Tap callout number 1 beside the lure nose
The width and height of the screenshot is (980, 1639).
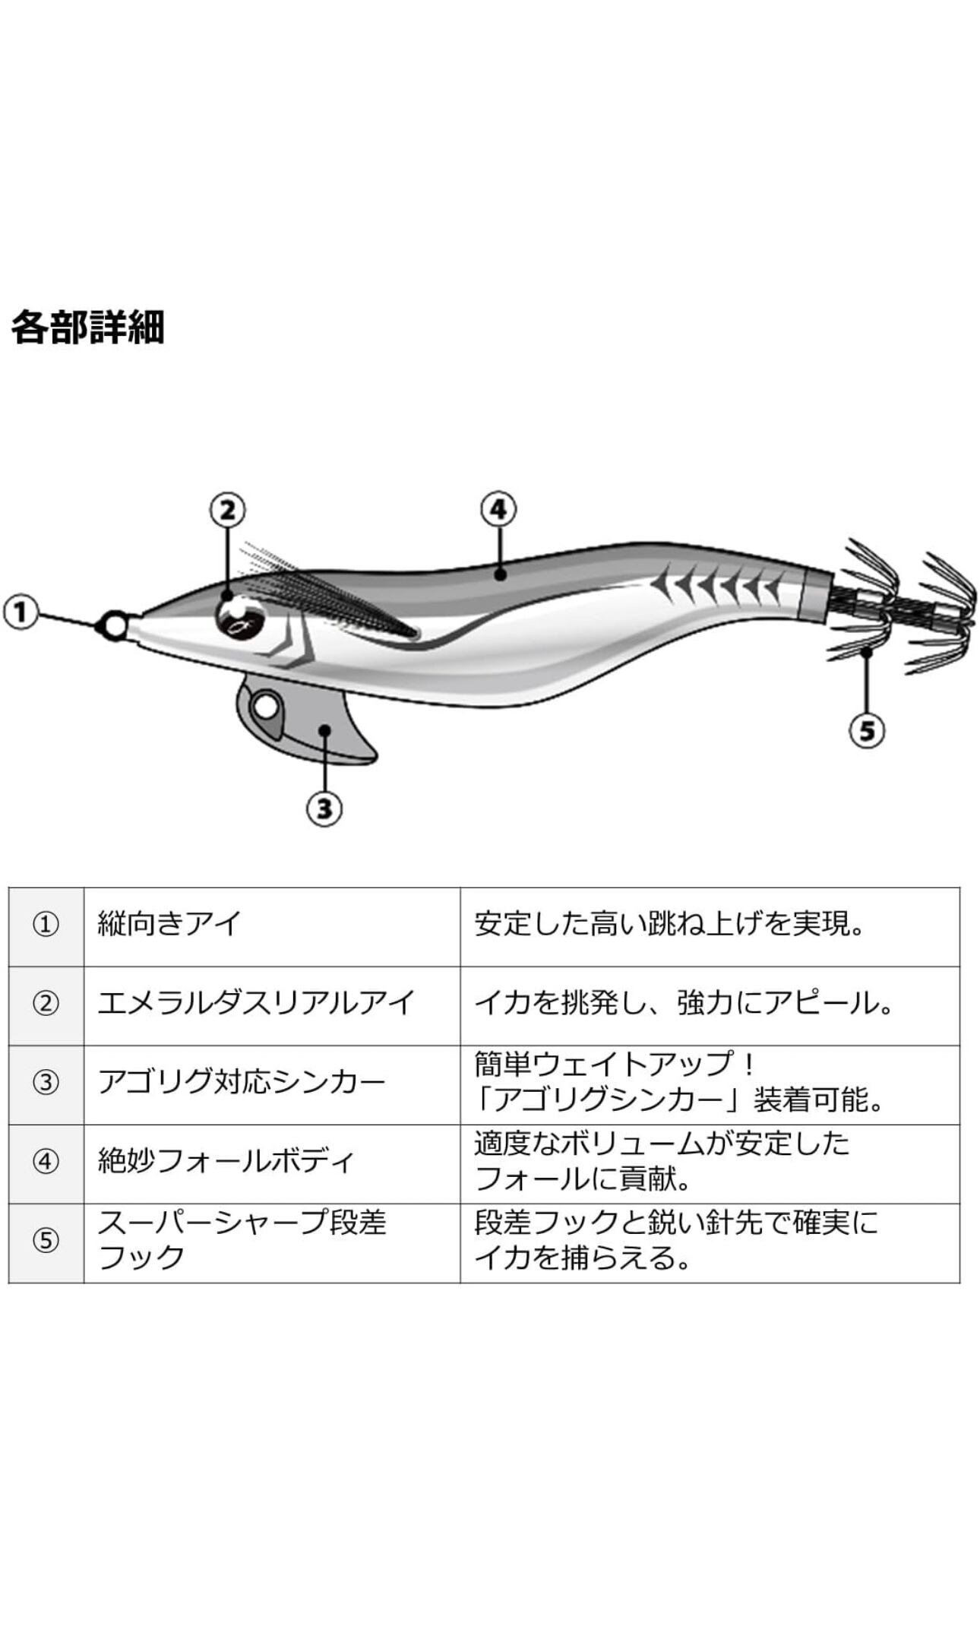[21, 612]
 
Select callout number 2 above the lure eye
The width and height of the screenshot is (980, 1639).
[227, 510]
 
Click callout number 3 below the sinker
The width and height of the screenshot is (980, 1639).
[324, 808]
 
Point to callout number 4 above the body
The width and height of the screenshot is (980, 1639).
[498, 509]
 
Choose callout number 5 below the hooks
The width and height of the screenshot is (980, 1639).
[867, 730]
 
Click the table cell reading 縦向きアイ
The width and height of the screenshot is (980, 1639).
[169, 924]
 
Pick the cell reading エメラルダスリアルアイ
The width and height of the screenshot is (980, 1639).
[255, 1003]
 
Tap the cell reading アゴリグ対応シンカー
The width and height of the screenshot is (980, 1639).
[241, 1082]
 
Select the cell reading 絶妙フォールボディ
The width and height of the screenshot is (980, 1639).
[226, 1161]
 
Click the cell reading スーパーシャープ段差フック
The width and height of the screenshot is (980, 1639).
[242, 1240]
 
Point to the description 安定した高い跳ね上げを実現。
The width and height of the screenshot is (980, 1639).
[670, 924]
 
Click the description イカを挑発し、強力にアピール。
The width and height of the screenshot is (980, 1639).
[684, 1003]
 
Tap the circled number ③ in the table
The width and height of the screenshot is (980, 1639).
[46, 1083]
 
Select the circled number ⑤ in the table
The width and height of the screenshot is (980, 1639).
[46, 1241]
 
